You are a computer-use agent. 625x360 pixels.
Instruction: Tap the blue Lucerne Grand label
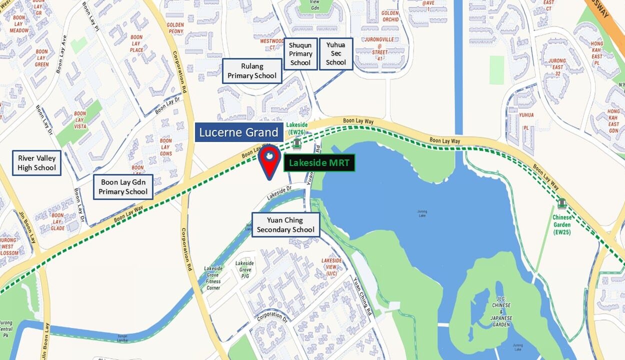click(x=238, y=132)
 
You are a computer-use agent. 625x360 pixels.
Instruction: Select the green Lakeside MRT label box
click(x=319, y=162)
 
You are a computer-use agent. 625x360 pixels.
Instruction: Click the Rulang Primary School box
click(x=252, y=71)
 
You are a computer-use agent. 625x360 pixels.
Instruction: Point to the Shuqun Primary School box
click(x=300, y=54)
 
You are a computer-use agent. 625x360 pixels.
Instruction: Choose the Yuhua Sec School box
click(x=336, y=54)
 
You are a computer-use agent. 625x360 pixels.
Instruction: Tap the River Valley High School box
click(x=37, y=163)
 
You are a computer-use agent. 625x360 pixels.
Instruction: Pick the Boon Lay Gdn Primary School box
click(x=123, y=187)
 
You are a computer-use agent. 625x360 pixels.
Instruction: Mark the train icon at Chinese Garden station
click(x=562, y=203)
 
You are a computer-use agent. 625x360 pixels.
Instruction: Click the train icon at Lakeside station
click(x=297, y=144)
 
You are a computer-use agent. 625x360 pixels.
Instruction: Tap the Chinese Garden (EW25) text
click(x=562, y=225)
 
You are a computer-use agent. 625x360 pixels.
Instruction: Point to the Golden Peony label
click(x=175, y=28)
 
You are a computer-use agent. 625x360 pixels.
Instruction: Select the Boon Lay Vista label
click(x=80, y=120)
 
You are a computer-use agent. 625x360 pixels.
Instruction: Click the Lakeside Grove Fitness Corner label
click(x=213, y=278)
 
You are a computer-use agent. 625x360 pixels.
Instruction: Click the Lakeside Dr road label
click(x=279, y=193)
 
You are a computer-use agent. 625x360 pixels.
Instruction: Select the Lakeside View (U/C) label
click(x=331, y=267)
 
